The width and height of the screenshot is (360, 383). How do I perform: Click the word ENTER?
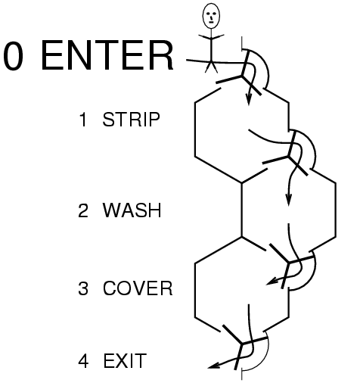(x=107, y=56)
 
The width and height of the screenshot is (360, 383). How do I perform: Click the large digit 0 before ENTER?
(x=14, y=56)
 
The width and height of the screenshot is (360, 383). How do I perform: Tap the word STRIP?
(x=131, y=120)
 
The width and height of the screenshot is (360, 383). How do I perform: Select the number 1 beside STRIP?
(x=83, y=120)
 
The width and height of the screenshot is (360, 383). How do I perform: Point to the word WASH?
(x=132, y=210)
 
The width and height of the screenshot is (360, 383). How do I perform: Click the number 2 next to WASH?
(x=83, y=210)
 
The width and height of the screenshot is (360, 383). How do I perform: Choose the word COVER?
(x=138, y=288)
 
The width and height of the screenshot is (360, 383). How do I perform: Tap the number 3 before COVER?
(x=83, y=288)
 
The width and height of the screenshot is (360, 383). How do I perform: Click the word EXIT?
(x=125, y=360)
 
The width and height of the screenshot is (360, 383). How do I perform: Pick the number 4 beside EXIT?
(x=83, y=360)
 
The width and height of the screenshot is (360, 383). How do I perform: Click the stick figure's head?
(x=211, y=16)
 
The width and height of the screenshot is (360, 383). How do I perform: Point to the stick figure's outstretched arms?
(x=211, y=37)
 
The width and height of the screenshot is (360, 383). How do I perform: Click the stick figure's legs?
(x=211, y=67)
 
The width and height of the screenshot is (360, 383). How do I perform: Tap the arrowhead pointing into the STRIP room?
(x=249, y=101)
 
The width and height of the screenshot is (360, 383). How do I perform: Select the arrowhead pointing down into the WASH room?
(x=289, y=200)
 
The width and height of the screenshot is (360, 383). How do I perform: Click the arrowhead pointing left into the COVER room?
(x=272, y=282)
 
